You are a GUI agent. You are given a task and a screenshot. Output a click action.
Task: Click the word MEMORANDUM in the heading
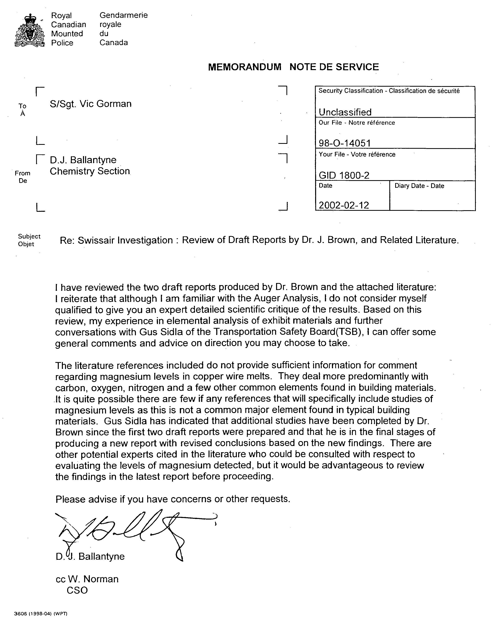click(244, 67)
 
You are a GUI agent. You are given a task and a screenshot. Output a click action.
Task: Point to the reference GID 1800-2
click(344, 175)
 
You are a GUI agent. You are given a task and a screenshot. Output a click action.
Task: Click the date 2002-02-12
click(344, 205)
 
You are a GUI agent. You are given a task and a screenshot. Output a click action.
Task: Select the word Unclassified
click(345, 112)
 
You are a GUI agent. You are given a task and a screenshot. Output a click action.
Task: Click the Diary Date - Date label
click(419, 186)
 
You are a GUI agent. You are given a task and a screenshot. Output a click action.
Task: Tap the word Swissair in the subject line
click(96, 240)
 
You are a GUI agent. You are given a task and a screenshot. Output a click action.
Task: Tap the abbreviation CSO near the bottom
click(77, 590)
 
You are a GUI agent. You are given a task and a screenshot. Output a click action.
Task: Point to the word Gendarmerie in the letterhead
click(124, 15)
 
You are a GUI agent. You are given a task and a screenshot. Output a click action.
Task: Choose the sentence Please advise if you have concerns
click(173, 499)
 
